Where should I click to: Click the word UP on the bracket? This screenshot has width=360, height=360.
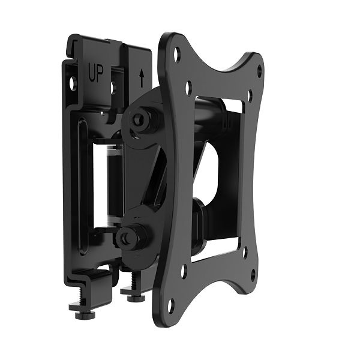coord(96,75)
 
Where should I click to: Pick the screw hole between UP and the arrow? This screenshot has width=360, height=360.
coord(112,88)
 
